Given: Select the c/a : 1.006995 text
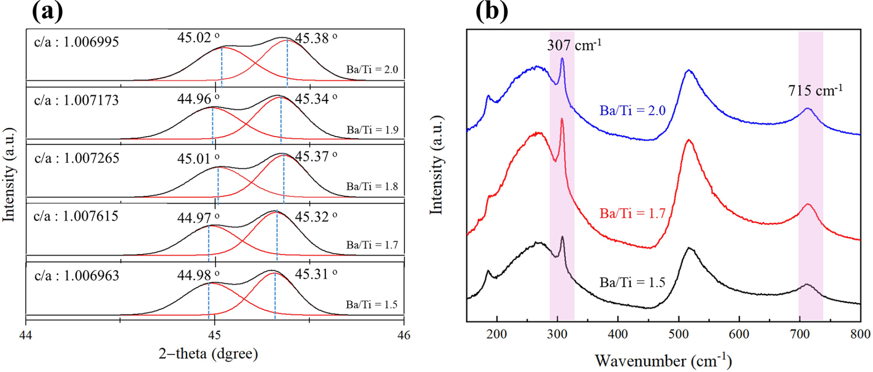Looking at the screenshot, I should point(77,42).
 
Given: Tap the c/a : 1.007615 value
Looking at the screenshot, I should point(76,216).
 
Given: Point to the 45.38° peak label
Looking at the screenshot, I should point(316,38).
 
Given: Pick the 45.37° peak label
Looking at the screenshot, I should point(316,156).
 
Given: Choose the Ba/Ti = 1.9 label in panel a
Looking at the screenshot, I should point(372,130).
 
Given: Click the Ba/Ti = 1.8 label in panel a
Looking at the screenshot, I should point(372,186).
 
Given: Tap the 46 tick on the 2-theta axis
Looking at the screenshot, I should point(404,335).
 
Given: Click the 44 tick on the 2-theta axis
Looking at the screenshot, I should point(26,335).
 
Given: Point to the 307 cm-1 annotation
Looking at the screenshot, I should point(574,44).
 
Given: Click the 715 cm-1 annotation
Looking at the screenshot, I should point(815,90).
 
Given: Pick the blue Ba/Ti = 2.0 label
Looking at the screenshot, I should point(632,111).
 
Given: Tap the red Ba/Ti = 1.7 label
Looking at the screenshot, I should point(632,213).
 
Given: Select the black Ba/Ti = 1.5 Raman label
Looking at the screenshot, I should point(632,283).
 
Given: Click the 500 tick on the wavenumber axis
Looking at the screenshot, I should point(679,334).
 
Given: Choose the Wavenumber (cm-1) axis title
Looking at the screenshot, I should point(663,361).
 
